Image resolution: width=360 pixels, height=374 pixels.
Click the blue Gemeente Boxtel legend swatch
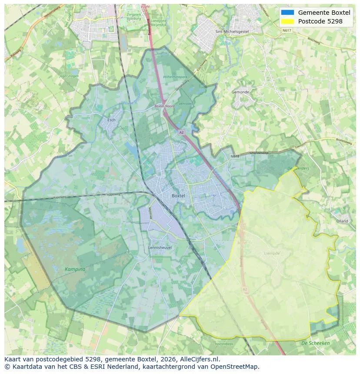287,13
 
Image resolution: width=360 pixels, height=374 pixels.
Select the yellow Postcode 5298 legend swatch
287,21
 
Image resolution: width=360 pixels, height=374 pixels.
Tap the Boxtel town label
178,196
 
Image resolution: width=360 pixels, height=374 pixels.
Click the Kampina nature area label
75,269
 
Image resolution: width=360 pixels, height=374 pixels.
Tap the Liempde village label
272,253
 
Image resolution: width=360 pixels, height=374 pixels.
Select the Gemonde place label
240,93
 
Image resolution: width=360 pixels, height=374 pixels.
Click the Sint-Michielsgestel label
232,32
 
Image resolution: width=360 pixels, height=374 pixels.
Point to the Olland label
342,221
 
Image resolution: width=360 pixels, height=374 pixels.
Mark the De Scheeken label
315,343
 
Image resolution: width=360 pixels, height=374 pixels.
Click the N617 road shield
286,30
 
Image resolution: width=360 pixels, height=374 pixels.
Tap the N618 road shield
235,156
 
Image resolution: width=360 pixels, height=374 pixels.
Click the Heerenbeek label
224,344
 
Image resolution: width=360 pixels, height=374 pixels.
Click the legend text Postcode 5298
320,21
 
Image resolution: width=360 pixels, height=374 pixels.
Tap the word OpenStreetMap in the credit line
235,367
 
